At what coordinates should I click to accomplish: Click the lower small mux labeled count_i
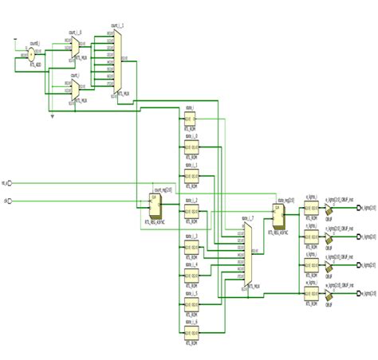click(74, 92)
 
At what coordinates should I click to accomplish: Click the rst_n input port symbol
click(11, 182)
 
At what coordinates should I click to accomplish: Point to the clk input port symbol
click(11, 200)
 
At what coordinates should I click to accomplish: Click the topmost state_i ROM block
click(191, 119)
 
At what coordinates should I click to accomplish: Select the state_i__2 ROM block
click(191, 213)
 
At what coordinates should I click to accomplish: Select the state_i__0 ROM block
click(191, 148)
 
